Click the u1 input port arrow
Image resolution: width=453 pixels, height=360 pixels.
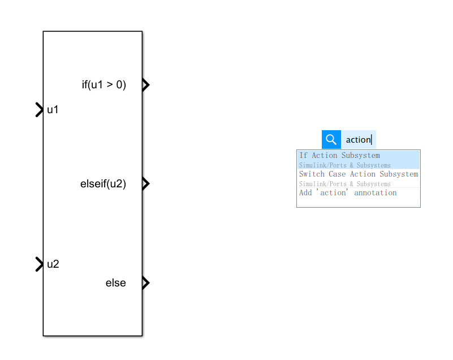coord(39,110)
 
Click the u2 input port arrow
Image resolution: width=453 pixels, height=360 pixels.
coord(39,264)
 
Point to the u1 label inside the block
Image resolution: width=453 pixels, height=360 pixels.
coord(53,110)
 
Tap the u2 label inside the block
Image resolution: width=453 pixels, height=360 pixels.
coord(53,264)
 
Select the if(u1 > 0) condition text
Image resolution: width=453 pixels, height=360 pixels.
coord(103,85)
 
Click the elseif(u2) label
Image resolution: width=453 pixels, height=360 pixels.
coord(103,183)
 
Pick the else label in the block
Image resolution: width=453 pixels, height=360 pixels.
coord(116,282)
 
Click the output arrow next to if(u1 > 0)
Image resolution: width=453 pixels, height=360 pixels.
coord(145,85)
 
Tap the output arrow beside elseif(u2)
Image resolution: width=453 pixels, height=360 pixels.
coord(145,183)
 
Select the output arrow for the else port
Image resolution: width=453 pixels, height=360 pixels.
coord(145,282)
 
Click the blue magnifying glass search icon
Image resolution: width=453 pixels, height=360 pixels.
coord(331,139)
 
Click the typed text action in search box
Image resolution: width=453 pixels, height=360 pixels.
coord(358,140)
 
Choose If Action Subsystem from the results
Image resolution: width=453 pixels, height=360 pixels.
coord(339,155)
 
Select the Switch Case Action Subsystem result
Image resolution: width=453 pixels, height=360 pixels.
coord(359,174)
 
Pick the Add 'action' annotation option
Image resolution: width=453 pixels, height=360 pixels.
coord(348,193)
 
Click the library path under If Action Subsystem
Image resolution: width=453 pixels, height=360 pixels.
coord(344,165)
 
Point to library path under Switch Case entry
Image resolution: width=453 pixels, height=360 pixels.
coord(344,184)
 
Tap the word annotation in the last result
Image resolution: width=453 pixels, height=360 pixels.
coord(376,193)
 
